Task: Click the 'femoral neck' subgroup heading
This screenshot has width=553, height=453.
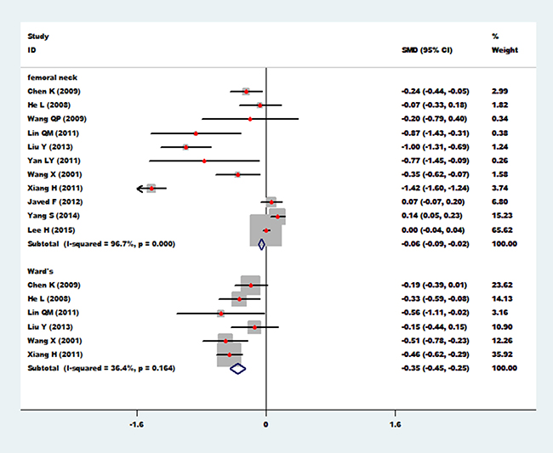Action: [x=50, y=76]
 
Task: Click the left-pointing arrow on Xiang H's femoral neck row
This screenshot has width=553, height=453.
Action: [x=141, y=188]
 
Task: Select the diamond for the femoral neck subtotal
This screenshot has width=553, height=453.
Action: [x=262, y=244]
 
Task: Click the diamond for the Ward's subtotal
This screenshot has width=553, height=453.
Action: [x=237, y=368]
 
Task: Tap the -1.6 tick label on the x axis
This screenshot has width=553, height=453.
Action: [x=136, y=422]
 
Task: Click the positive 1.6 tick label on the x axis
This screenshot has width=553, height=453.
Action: [x=395, y=422]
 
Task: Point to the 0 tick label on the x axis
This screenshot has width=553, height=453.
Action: [x=266, y=422]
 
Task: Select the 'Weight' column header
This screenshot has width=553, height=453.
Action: [x=504, y=49]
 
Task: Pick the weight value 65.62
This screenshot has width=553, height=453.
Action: [x=505, y=229]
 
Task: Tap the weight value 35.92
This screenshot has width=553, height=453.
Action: [x=505, y=354]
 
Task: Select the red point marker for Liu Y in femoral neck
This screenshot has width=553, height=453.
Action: [x=185, y=146]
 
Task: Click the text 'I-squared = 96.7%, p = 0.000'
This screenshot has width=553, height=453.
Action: [x=126, y=244]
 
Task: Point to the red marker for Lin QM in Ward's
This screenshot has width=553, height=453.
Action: [x=220, y=314]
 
